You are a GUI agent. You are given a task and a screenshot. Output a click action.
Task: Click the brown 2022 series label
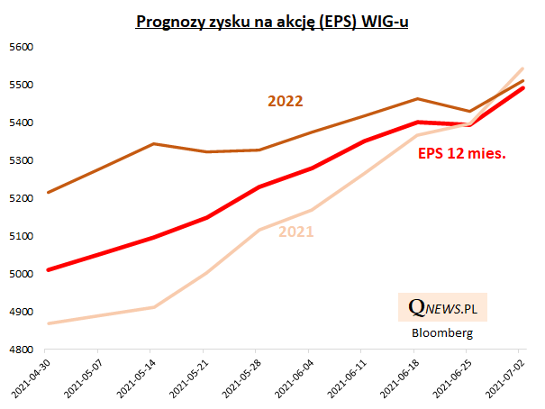click(x=285, y=102)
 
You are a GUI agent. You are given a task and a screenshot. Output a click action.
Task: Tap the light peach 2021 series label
click(x=295, y=232)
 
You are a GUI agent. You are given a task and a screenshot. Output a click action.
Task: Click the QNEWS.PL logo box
click(x=442, y=308)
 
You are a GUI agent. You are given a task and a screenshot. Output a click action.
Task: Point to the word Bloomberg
click(x=441, y=332)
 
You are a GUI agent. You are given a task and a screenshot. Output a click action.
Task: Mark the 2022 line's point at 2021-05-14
click(x=152, y=144)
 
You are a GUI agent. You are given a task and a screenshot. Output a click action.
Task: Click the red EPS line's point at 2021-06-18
click(x=415, y=122)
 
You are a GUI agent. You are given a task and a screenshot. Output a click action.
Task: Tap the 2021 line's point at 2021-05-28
click(x=258, y=230)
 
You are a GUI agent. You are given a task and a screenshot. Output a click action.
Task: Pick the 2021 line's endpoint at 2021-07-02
click(x=523, y=68)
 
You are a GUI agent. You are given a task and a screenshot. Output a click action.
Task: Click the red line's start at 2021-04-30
click(x=48, y=269)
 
